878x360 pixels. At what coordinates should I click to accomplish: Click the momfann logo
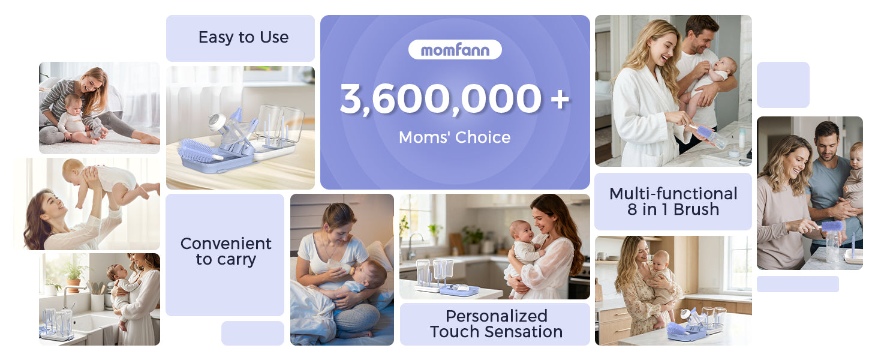455,50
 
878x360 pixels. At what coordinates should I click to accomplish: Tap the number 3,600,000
441,99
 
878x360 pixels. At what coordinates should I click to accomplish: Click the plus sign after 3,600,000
560,99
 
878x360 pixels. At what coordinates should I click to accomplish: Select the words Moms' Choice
455,137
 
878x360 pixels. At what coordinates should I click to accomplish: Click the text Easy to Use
243,37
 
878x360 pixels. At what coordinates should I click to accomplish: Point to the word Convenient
225,244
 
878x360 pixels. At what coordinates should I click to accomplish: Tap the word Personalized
496,316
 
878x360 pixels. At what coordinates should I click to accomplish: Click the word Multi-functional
673,194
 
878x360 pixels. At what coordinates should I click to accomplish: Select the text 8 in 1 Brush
673,209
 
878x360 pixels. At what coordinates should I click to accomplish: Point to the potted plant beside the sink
74,275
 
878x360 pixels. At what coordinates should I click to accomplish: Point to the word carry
225,260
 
